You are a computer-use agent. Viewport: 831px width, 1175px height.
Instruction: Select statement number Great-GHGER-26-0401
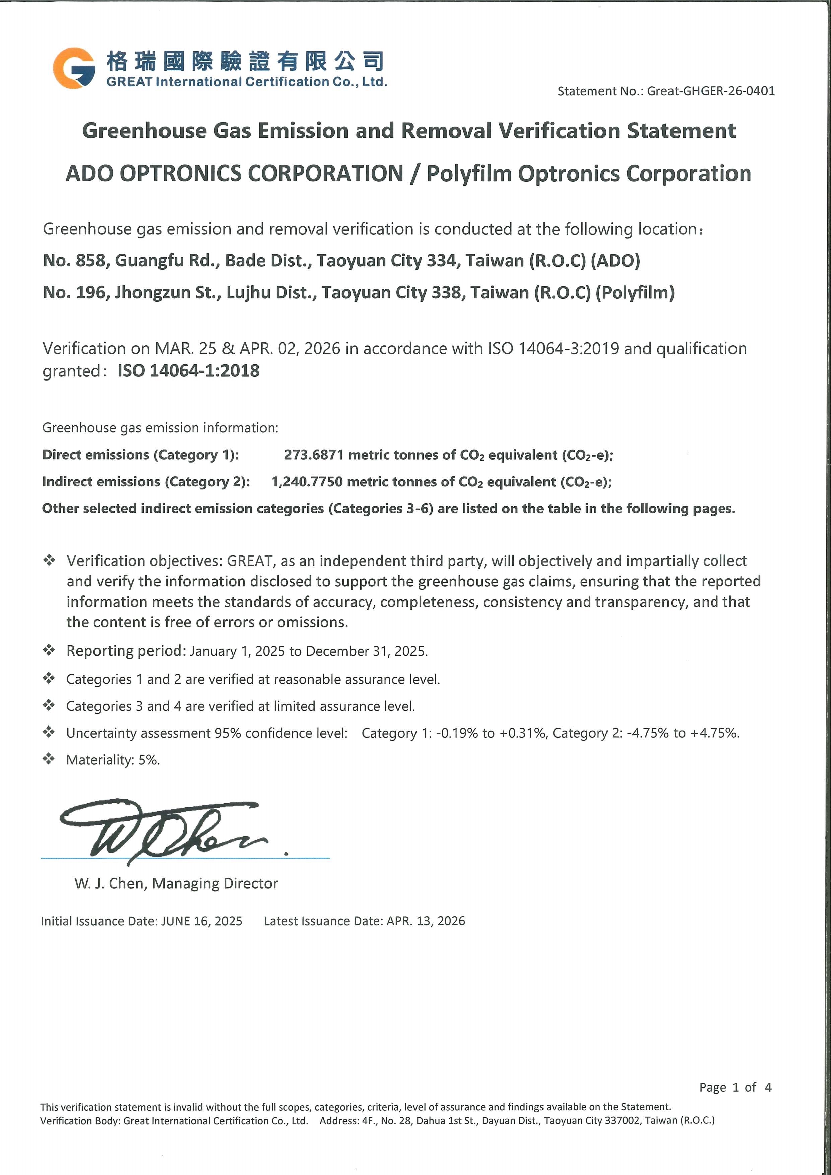click(x=711, y=91)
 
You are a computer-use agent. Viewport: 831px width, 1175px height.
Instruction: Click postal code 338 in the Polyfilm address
click(x=449, y=293)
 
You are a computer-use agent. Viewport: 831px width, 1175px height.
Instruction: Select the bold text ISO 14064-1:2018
click(x=188, y=371)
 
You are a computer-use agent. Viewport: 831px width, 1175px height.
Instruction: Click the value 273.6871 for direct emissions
click(x=313, y=455)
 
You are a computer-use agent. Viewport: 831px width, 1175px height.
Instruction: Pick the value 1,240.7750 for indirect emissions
click(x=307, y=482)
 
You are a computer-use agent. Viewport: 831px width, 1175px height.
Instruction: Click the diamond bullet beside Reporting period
click(x=49, y=650)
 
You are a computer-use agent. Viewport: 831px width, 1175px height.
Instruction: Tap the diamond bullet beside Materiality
click(x=49, y=759)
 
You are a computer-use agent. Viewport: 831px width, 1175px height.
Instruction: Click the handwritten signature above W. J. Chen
click(x=164, y=829)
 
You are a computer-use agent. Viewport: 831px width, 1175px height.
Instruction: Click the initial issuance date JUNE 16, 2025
click(x=201, y=921)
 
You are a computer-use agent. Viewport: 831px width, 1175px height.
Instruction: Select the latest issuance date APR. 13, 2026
click(x=426, y=921)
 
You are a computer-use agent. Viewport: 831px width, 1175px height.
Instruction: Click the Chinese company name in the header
click(x=245, y=61)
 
